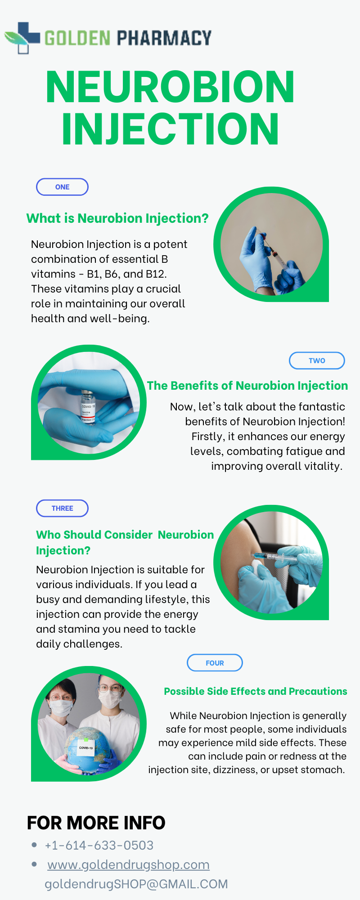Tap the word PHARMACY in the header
pyautogui.click(x=164, y=38)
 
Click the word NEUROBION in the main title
pyautogui.click(x=170, y=87)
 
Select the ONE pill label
pyautogui.click(x=62, y=187)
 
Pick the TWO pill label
pyautogui.click(x=317, y=360)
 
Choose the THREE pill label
pyautogui.click(x=62, y=508)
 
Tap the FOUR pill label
pyautogui.click(x=215, y=663)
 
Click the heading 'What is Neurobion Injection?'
pyautogui.click(x=117, y=219)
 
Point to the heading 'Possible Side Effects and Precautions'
pyautogui.click(x=255, y=691)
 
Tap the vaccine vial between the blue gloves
pyautogui.click(x=87, y=406)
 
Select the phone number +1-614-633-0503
pyautogui.click(x=99, y=846)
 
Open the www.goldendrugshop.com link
pyautogui.click(x=128, y=865)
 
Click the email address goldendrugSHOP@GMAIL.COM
pyautogui.click(x=136, y=884)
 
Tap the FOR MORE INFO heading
pyautogui.click(x=96, y=823)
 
